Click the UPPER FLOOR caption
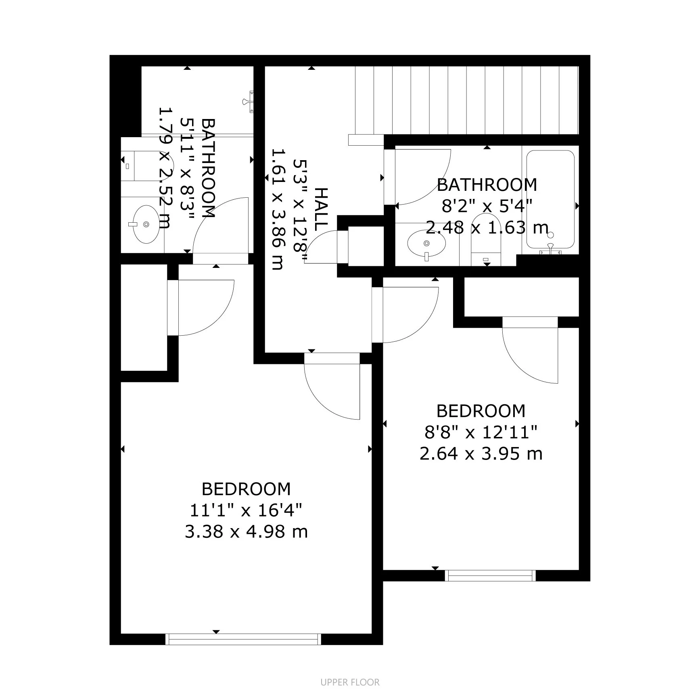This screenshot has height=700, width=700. click(350, 682)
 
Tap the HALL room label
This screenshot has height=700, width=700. click(321, 210)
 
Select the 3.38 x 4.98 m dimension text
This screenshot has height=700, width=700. click(246, 532)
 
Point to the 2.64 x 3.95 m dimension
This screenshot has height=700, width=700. click(481, 454)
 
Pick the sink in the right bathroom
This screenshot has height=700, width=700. click(426, 244)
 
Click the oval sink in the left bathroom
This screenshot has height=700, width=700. click(145, 224)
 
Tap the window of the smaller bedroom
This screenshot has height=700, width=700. click(490, 576)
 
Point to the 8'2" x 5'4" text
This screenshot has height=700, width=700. click(487, 206)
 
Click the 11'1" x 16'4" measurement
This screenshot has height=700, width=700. click(246, 510)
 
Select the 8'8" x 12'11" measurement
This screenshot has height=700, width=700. click(481, 433)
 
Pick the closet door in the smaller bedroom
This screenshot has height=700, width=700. click(530, 355)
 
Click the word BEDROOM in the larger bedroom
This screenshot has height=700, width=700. click(246, 489)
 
